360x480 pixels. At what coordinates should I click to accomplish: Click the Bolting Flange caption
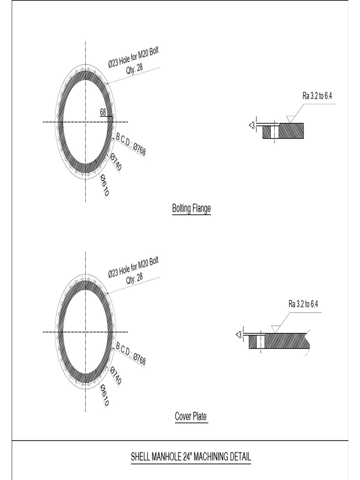191,209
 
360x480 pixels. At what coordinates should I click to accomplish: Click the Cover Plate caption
191,416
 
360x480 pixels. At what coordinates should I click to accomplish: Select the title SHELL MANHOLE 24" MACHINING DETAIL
191,457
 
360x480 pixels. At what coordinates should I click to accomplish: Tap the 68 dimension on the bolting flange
103,112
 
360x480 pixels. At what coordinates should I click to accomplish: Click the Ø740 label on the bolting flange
115,162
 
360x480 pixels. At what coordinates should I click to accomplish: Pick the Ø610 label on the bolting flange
105,185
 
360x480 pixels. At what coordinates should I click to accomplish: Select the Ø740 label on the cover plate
115,375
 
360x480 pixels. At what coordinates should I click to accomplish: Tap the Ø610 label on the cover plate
105,395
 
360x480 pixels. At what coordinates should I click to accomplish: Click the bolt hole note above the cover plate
133,270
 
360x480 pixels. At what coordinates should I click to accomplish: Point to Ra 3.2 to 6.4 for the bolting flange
317,96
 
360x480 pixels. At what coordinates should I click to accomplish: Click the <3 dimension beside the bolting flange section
251,125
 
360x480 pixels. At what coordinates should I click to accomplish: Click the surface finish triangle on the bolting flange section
290,120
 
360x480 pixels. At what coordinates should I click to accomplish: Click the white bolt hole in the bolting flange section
276,131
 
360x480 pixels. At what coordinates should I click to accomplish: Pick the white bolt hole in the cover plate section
261,341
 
